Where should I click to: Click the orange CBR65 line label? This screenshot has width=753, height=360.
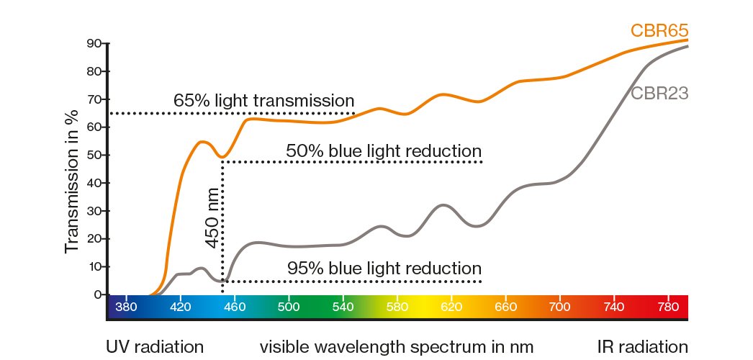pyautogui.click(x=659, y=31)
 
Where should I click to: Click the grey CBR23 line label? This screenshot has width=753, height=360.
pyautogui.click(x=659, y=93)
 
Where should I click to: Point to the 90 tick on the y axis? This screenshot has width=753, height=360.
pyautogui.click(x=93, y=43)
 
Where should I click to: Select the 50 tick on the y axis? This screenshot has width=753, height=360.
pyautogui.click(x=93, y=155)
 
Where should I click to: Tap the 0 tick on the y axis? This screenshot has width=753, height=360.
pyautogui.click(x=96, y=294)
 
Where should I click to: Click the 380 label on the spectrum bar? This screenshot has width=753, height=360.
pyautogui.click(x=125, y=305)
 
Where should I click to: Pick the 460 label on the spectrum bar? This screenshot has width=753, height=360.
pyautogui.click(x=235, y=305)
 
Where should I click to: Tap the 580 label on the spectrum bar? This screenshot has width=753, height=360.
pyautogui.click(x=397, y=305)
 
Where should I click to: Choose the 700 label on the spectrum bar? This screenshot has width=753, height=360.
pyautogui.click(x=560, y=305)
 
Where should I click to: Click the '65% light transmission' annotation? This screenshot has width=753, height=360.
pyautogui.click(x=264, y=100)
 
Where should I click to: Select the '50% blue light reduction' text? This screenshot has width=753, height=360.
pyautogui.click(x=383, y=151)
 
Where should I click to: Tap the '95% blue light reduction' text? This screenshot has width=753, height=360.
pyautogui.click(x=384, y=268)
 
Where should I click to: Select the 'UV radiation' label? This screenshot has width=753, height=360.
pyautogui.click(x=155, y=346)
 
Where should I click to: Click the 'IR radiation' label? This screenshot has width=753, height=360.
pyautogui.click(x=642, y=346)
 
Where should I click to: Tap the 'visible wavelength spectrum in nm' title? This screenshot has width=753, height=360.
pyautogui.click(x=397, y=346)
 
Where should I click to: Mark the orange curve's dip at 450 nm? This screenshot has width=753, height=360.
pyautogui.click(x=223, y=157)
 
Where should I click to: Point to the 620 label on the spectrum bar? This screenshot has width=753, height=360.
pyautogui.click(x=451, y=305)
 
